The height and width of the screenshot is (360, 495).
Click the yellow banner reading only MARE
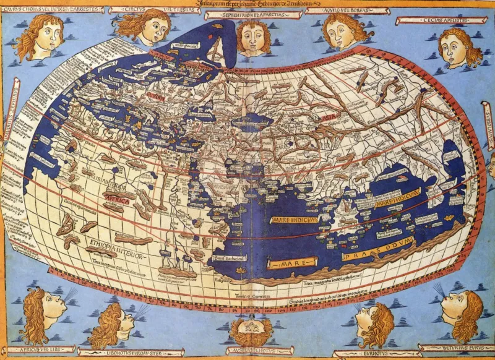[290, 264]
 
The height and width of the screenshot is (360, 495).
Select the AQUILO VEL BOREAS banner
[338, 11]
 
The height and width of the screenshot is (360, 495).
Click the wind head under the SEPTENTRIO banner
[253, 37]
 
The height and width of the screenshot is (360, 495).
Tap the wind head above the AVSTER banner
[251, 330]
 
